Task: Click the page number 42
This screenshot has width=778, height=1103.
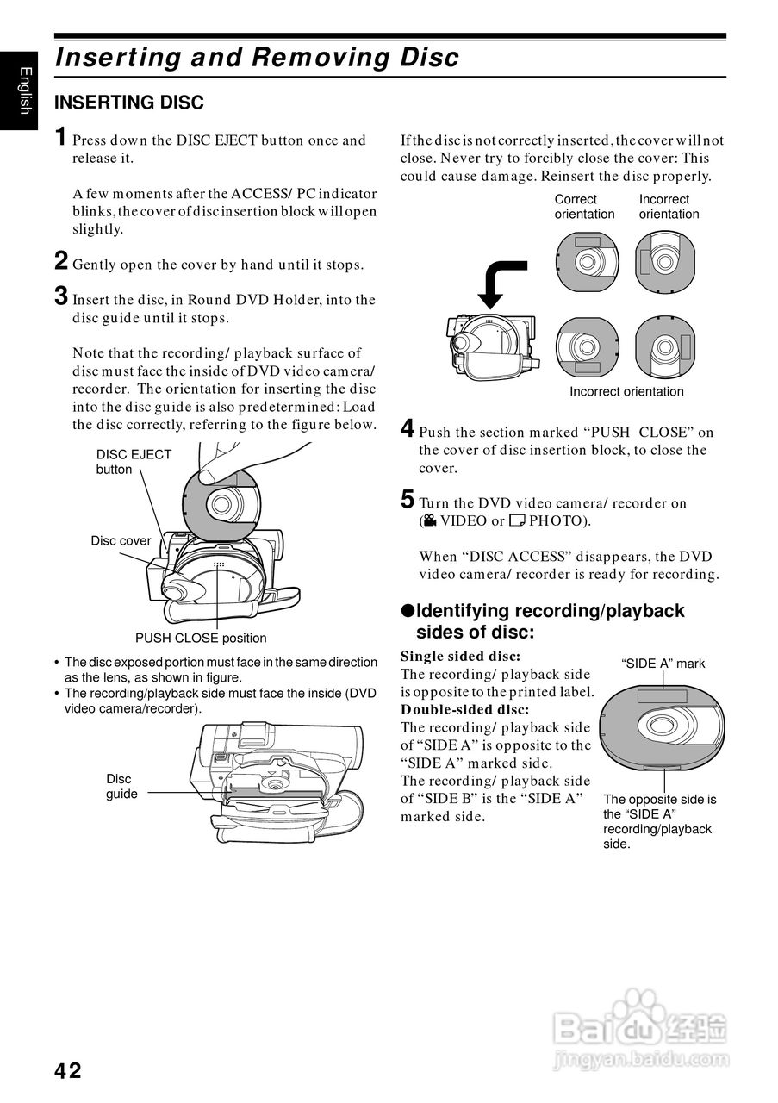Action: pyautogui.click(x=68, y=1071)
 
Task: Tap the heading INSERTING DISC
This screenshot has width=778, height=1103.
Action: pyautogui.click(x=129, y=103)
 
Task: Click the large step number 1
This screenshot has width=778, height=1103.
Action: pyautogui.click(x=60, y=136)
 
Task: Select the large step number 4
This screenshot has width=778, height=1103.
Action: pyautogui.click(x=408, y=428)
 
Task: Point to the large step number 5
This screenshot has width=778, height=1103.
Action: pyautogui.click(x=408, y=499)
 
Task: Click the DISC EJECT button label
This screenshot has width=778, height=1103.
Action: pyautogui.click(x=134, y=462)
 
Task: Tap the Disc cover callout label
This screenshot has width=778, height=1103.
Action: pyautogui.click(x=121, y=541)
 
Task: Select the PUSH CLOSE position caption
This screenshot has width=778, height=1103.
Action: pyautogui.click(x=201, y=639)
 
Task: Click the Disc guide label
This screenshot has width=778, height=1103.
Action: pyautogui.click(x=121, y=787)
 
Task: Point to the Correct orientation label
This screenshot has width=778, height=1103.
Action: pyautogui.click(x=584, y=207)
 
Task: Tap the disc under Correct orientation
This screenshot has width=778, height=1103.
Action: pyautogui.click(x=587, y=259)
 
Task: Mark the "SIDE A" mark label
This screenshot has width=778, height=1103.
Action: pyautogui.click(x=663, y=664)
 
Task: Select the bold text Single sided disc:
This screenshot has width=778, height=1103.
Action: pyautogui.click(x=460, y=657)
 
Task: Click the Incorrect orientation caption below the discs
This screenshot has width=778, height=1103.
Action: pyautogui.click(x=626, y=392)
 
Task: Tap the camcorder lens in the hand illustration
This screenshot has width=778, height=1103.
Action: pyautogui.click(x=182, y=592)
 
